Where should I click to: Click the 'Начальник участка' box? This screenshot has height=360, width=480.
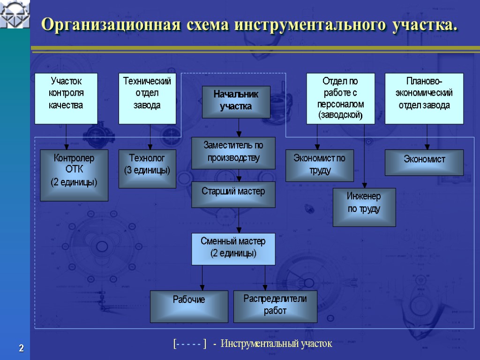[236, 102]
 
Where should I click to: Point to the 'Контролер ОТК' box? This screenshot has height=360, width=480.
[74, 175]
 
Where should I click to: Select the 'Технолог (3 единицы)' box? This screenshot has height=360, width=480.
[147, 169]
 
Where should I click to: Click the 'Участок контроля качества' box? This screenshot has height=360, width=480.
[66, 98]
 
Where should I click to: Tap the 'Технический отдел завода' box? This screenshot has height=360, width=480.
[147, 98]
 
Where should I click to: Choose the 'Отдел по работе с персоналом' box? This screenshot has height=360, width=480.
[341, 98]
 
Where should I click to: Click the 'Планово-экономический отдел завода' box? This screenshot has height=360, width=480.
[424, 98]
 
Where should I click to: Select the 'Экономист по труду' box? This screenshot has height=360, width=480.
[320, 165]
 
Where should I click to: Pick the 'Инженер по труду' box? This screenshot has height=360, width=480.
[364, 207]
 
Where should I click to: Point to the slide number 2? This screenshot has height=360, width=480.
[21, 348]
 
